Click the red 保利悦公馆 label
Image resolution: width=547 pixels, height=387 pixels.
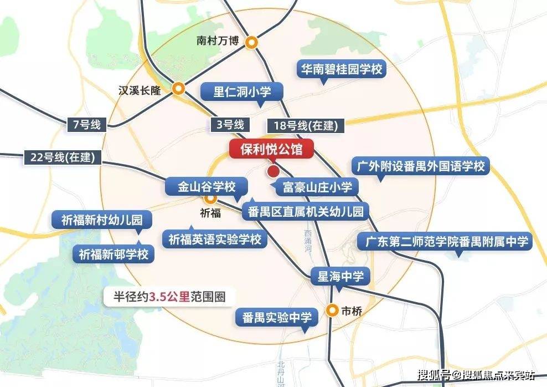coord(271,149)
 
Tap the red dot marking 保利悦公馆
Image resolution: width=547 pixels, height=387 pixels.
coord(273,171)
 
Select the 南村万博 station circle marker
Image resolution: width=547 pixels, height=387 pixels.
coord(252,42)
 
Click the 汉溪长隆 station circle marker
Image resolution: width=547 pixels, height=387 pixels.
coord(178,89)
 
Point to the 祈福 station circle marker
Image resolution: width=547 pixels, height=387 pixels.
coord(210,198)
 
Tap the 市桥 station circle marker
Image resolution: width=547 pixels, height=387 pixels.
coord(332,310)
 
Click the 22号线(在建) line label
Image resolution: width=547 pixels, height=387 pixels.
coord(60,157)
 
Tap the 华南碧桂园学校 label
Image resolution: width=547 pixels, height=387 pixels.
coord(341,69)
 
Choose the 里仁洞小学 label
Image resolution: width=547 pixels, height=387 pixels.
coord(241,91)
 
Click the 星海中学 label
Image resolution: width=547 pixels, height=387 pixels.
coord(340,277)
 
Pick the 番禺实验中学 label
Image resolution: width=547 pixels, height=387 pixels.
coord(277,318)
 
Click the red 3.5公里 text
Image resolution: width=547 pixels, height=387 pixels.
coord(169,296)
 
